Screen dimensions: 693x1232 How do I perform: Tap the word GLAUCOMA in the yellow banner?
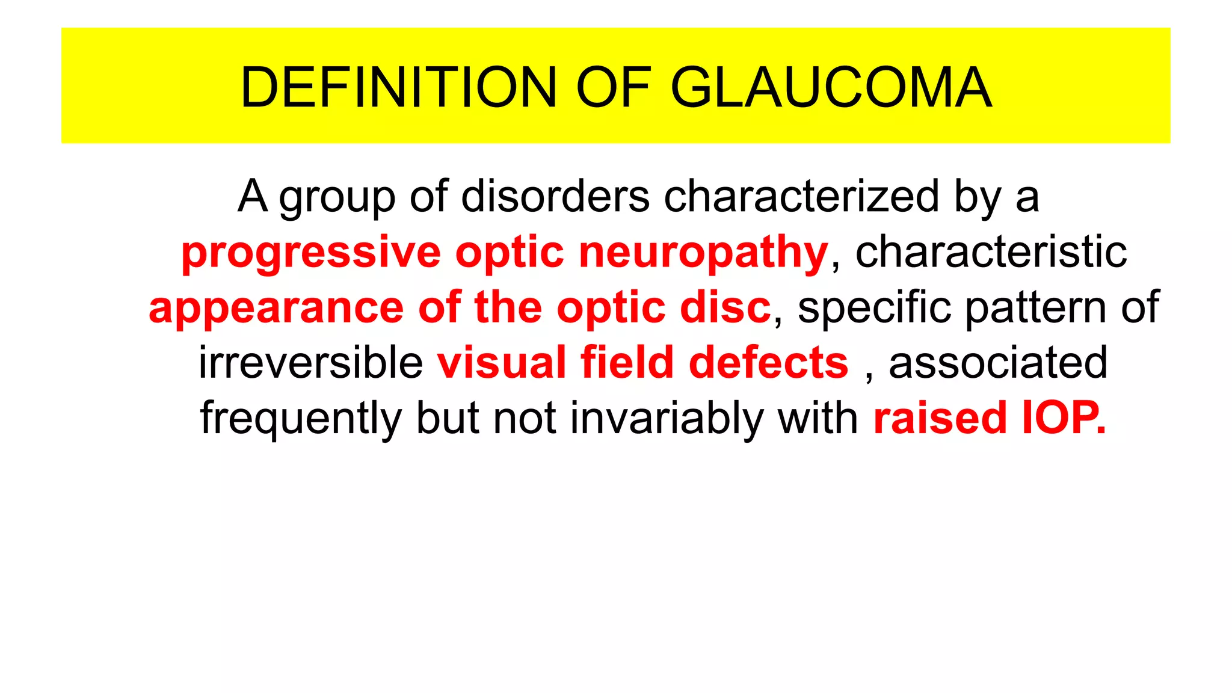(831, 88)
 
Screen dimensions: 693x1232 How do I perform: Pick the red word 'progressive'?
(311, 253)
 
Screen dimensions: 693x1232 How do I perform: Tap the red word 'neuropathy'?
(703, 253)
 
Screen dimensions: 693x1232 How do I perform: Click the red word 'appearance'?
(276, 308)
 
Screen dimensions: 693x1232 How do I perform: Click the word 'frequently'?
(301, 419)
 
